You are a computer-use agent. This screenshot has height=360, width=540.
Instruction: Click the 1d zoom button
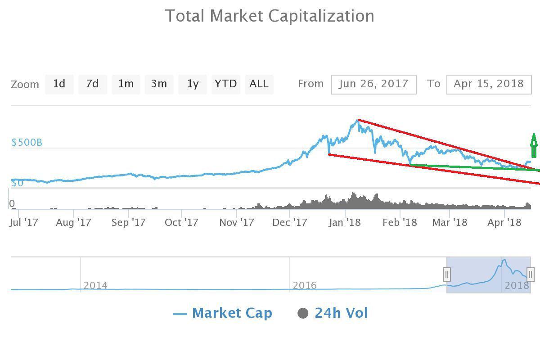[x=59, y=84]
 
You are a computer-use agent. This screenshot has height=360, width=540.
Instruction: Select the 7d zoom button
[x=93, y=84]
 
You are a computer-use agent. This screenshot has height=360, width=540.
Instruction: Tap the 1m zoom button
[x=126, y=84]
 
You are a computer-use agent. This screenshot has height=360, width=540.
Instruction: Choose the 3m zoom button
[x=159, y=84]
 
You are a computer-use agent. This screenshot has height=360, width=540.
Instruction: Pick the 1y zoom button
[x=193, y=84]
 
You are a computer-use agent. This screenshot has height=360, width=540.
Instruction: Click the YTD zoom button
[x=225, y=84]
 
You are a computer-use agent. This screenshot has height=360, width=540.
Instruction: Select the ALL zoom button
[x=259, y=84]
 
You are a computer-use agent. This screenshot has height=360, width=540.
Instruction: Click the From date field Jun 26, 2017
[x=373, y=84]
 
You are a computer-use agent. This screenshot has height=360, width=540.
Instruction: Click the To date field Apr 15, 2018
[x=489, y=84]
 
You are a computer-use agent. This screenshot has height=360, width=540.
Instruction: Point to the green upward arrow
[x=534, y=145]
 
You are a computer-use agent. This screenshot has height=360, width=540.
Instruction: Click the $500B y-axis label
[x=27, y=143]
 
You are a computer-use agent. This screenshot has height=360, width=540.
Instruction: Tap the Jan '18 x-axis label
[x=345, y=222]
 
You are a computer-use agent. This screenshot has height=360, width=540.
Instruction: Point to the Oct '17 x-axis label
[x=181, y=222]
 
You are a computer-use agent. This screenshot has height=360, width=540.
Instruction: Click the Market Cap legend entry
[x=223, y=313]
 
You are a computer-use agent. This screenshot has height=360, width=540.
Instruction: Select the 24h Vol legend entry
[x=333, y=313]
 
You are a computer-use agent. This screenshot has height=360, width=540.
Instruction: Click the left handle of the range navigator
[x=447, y=274]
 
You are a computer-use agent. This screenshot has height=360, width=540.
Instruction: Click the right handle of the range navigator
[x=531, y=274]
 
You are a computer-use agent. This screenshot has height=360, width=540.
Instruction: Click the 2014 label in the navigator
[x=95, y=285]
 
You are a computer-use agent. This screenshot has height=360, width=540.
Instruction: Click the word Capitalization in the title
[x=321, y=16]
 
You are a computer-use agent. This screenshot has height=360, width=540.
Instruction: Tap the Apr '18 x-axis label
[x=504, y=222]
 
